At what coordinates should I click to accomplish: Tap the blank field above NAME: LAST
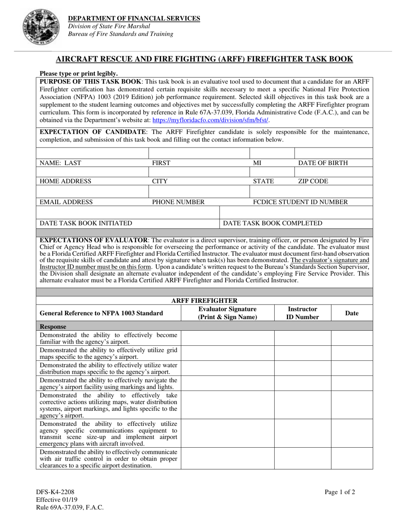click(x=92, y=153)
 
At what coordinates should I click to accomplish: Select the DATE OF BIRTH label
click(x=323, y=163)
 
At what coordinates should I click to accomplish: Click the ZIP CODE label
click(x=313, y=181)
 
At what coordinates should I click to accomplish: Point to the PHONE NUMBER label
click(x=178, y=202)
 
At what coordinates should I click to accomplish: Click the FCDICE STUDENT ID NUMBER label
click(x=300, y=202)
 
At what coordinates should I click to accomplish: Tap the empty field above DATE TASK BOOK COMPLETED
click(x=296, y=212)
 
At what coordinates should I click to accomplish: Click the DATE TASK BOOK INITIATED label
click(x=86, y=223)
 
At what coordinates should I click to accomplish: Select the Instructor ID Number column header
click(x=302, y=313)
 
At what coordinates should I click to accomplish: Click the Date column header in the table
click(x=352, y=314)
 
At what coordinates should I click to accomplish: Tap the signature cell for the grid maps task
click(x=227, y=353)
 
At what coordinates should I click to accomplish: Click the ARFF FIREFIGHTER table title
click(x=204, y=300)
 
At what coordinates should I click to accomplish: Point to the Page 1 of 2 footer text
click(x=340, y=493)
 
